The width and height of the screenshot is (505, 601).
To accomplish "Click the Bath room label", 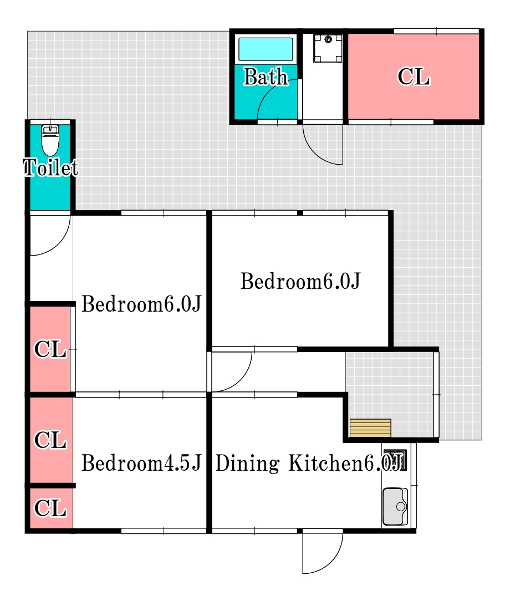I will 266,77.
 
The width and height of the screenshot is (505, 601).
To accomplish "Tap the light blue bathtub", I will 266,49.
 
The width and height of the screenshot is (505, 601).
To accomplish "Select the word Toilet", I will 50,167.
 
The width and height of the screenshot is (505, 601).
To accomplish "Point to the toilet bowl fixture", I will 50,141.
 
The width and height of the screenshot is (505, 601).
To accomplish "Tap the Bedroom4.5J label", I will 140,464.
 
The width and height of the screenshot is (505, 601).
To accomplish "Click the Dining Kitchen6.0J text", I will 309,464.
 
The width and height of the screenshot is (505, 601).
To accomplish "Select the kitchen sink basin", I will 395,506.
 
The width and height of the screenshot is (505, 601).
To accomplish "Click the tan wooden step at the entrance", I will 370,428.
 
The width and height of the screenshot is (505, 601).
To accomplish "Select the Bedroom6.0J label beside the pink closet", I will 140,304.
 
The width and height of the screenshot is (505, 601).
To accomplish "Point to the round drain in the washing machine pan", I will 328,39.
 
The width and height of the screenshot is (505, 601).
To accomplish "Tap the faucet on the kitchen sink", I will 401,506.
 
